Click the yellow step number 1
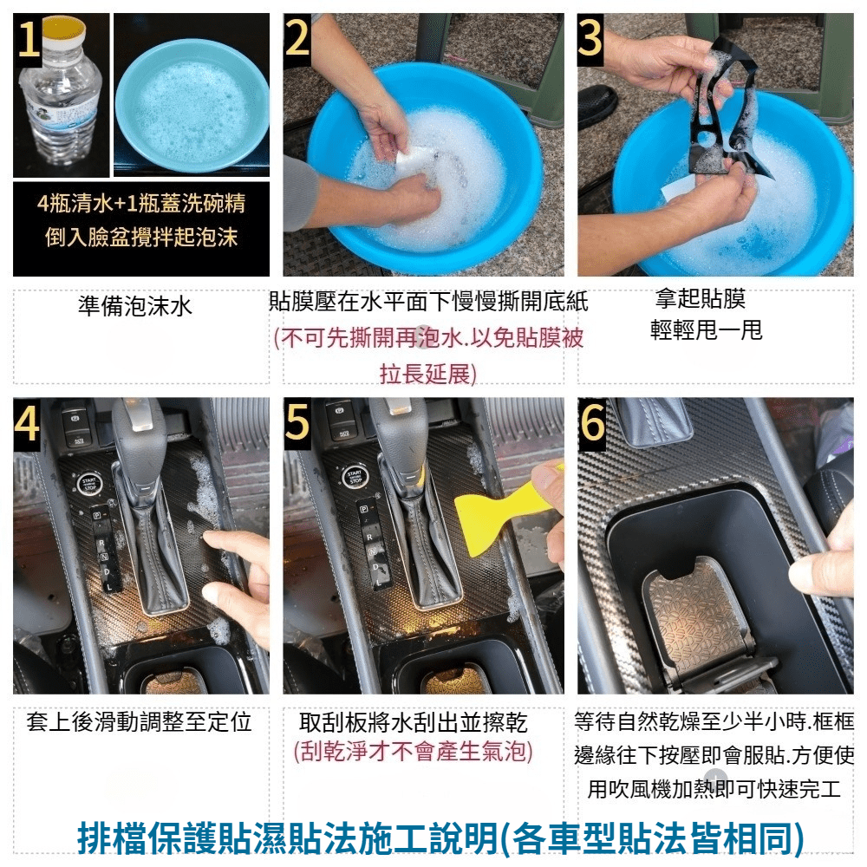click(x=29, y=37)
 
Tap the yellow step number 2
click(x=297, y=37)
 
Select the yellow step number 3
click(x=590, y=37)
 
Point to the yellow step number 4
click(x=27, y=424)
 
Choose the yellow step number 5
click(x=297, y=424)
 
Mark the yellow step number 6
click(x=592, y=424)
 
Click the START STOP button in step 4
click(x=88, y=485)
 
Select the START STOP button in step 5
click(x=355, y=478)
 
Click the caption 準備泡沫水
click(x=135, y=306)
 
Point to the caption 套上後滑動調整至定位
click(x=139, y=722)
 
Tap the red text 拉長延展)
click(x=427, y=375)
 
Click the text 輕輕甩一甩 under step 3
click(x=706, y=330)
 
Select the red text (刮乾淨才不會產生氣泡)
click(x=413, y=752)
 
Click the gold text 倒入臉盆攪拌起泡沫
click(x=141, y=238)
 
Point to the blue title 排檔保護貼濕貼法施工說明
click(x=288, y=838)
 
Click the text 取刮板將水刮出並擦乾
click(x=413, y=722)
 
